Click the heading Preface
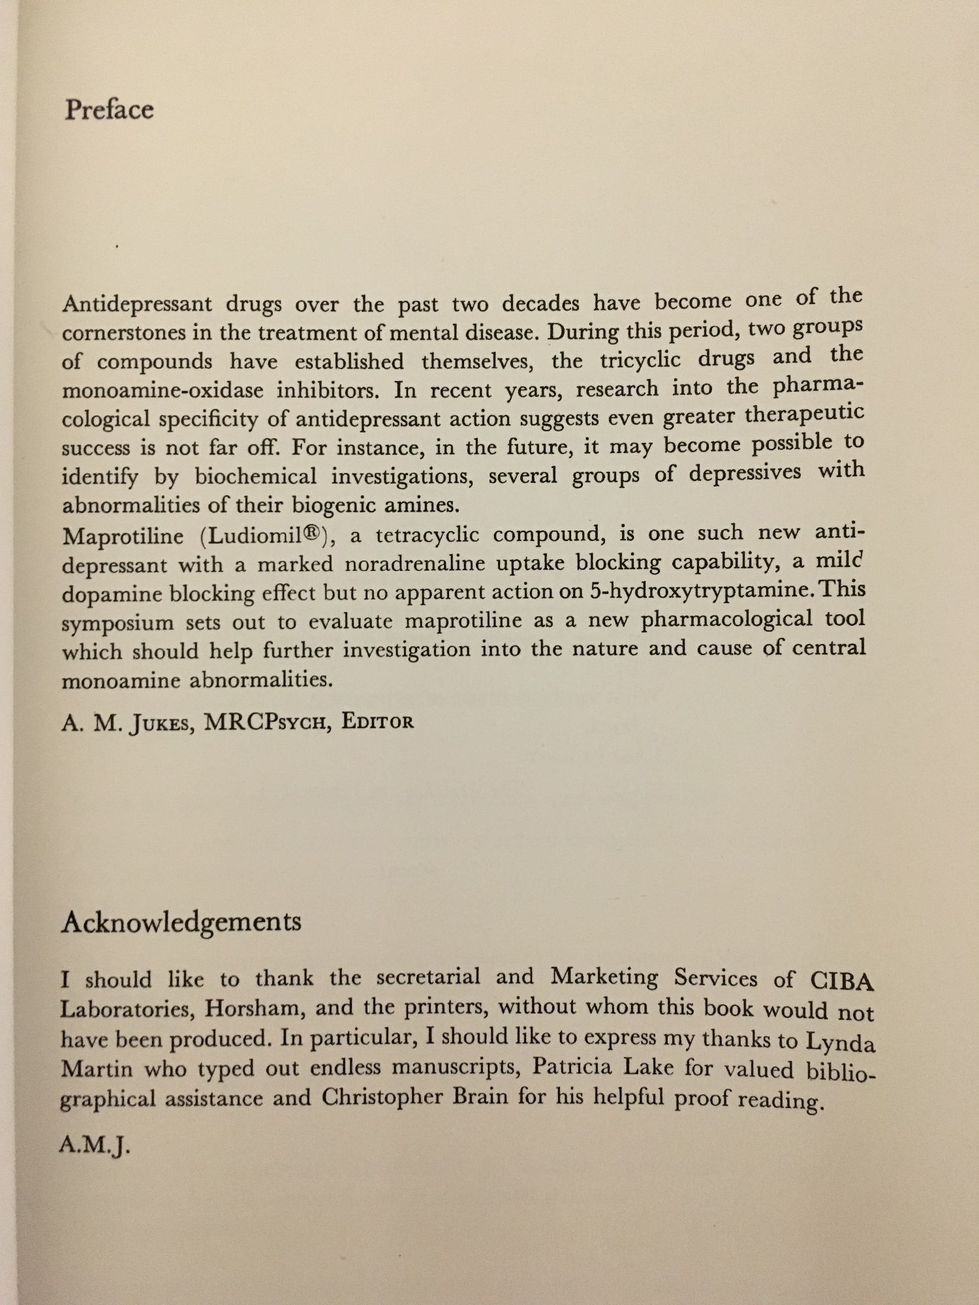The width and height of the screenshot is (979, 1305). coord(109,110)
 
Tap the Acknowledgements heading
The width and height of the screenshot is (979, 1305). coord(181,922)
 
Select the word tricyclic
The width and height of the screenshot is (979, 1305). coord(640,360)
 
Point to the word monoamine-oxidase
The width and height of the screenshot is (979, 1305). coord(163,390)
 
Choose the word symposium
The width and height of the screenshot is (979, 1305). coord(118,623)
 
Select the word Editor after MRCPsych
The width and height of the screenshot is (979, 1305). coord(378,722)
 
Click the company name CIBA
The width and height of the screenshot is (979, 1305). coord(841,980)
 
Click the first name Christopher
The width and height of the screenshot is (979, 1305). coord(414,1097)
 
